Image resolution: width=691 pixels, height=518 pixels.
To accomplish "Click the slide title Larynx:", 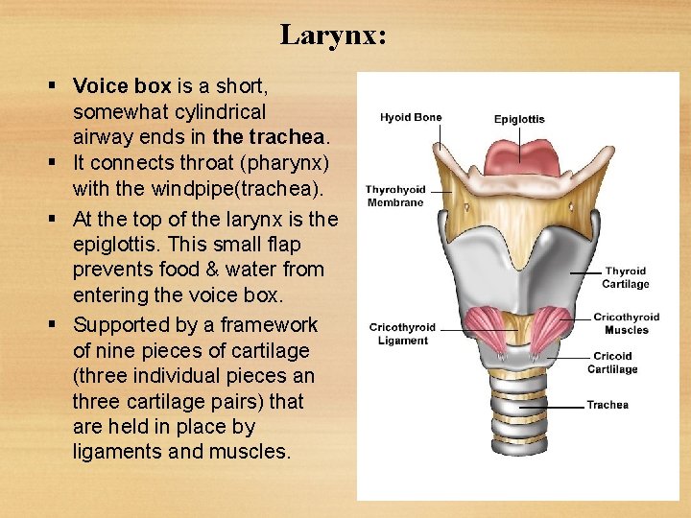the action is [x=333, y=35].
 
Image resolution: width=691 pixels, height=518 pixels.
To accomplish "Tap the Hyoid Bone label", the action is [x=411, y=118].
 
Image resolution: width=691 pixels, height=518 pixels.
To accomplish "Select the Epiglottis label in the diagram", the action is [x=519, y=120].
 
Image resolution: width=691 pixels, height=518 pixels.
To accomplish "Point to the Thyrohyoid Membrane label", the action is [x=394, y=196].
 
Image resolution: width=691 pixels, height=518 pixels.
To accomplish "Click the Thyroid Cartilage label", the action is [x=626, y=277].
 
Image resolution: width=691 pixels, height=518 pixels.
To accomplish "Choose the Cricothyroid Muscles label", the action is [x=626, y=323].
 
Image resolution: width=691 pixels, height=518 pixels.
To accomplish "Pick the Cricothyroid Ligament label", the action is [x=402, y=334].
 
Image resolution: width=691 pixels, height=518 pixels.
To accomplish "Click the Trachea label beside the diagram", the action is [x=608, y=405].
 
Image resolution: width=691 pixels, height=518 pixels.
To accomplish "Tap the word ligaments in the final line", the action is [x=116, y=450].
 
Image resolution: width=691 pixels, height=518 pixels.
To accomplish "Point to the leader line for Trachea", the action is [x=552, y=406].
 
